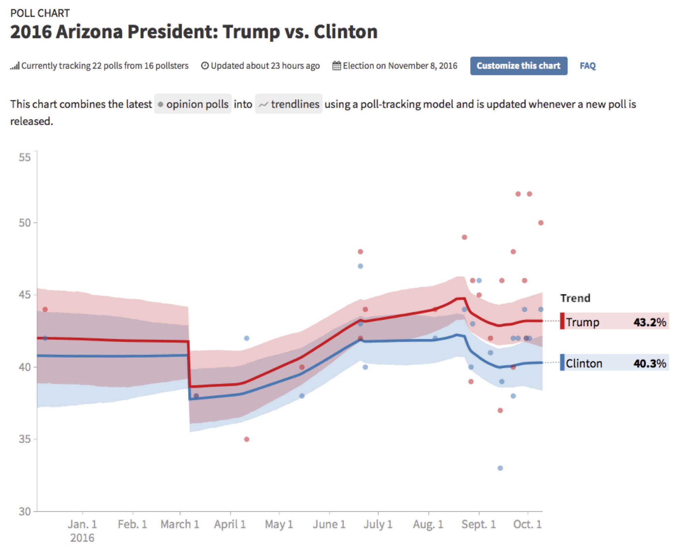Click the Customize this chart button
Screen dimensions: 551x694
click(518, 66)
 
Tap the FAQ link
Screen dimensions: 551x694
click(588, 66)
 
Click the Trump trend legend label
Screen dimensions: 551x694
click(582, 322)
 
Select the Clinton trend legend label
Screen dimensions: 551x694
click(584, 363)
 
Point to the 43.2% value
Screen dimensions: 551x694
click(650, 322)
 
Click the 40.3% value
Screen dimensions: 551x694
click(650, 363)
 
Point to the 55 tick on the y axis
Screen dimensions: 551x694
click(25, 157)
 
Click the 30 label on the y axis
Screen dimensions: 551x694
click(25, 511)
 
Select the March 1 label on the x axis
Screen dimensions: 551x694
click(180, 524)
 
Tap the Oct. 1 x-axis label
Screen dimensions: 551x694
click(527, 524)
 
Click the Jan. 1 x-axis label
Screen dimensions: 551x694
click(82, 524)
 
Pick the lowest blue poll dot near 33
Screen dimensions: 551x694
click(500, 468)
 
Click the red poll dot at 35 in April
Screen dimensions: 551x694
click(247, 439)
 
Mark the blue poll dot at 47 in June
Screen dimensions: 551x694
click(360, 266)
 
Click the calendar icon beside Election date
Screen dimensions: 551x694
click(337, 66)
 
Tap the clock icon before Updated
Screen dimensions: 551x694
click(205, 66)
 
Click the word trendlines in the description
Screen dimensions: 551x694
click(295, 104)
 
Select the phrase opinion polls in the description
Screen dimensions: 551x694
click(197, 104)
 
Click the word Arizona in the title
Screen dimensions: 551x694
click(89, 32)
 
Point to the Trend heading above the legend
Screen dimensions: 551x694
click(575, 298)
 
